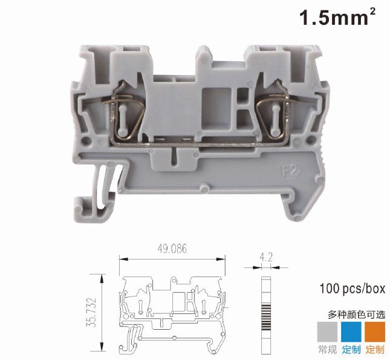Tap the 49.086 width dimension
[172, 249]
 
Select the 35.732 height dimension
[91, 312]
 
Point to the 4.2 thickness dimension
[266, 257]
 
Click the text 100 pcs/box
[352, 289]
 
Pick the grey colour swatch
[327, 332]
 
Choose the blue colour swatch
[351, 332]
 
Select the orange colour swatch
[375, 332]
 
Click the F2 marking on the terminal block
[290, 170]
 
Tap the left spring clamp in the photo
[126, 113]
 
